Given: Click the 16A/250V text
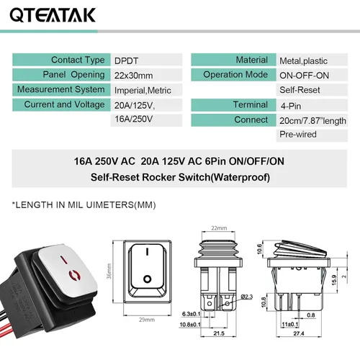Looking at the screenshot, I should point(133,119).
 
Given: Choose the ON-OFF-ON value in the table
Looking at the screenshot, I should point(305,76).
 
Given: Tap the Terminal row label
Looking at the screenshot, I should point(250,105).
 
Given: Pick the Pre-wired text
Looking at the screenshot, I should point(297,135).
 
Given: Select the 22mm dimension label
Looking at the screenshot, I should point(219,228).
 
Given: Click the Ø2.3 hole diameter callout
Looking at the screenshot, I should point(246,296).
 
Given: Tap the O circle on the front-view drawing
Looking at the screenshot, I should point(147,278).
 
